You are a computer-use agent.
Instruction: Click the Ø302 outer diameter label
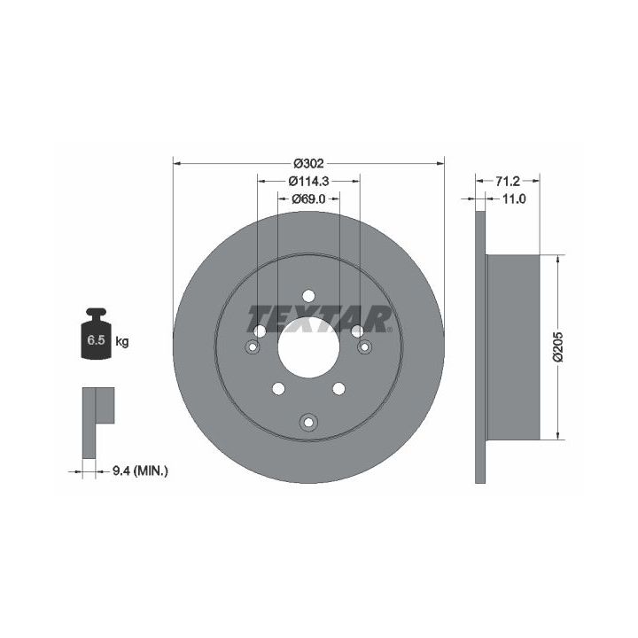coord(309,164)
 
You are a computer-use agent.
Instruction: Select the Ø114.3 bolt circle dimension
coord(308,181)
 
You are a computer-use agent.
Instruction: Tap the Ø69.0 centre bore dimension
coord(309,199)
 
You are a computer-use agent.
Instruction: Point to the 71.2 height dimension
coord(508,181)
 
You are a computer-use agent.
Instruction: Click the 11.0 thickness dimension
coord(514,199)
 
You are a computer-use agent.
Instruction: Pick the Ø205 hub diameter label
coord(557,346)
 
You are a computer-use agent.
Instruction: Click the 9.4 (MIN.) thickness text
coord(140,471)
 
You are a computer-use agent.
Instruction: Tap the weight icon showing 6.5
coord(96,334)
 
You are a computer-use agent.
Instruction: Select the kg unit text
coord(122,341)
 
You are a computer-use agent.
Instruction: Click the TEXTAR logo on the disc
coord(320,319)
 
